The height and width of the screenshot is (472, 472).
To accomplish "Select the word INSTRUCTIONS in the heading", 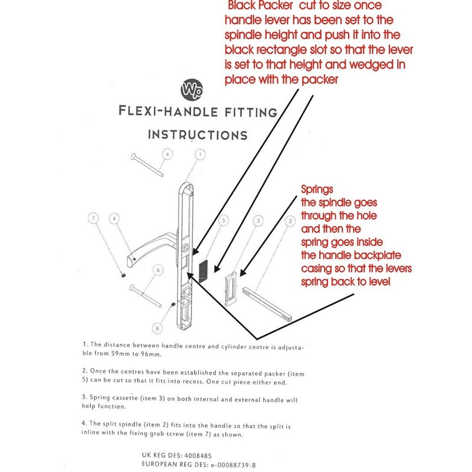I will coord(198,135).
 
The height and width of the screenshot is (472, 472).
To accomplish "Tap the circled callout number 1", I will coord(199,155).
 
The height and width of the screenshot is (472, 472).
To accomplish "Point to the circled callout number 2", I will coord(290,221).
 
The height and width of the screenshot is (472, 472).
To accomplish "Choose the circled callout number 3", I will coord(258,221).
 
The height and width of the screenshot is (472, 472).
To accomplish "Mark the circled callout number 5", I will coord(222,221).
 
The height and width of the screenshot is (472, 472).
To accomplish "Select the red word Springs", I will coord(317,191).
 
